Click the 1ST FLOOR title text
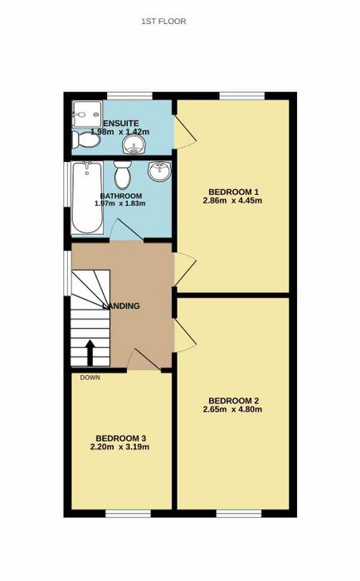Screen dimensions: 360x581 coord(163,22)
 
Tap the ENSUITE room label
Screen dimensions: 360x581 coord(121,124)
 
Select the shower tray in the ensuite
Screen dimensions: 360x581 coord(87,115)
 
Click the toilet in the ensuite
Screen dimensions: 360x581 coord(86,140)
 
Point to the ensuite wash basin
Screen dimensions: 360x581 coord(134,144)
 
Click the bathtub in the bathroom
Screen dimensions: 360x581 coord(87,198)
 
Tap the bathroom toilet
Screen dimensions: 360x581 coord(122,175)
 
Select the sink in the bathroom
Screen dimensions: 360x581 coord(159,171)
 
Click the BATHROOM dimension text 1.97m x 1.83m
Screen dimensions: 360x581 coord(120,203)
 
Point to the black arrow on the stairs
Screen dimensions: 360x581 coord(90,353)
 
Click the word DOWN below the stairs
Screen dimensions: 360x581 coord(90,378)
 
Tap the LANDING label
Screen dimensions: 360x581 coord(121,306)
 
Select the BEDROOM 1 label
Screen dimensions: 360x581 coord(233,192)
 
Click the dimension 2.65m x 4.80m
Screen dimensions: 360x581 coord(232,409)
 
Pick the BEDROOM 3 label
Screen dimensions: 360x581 coord(120,438)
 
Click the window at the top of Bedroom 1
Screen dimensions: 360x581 coord(242,96)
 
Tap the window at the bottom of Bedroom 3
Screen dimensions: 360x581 coord(128,513)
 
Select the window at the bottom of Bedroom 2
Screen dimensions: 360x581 coord(239,513)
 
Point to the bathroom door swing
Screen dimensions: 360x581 coord(126,230)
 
